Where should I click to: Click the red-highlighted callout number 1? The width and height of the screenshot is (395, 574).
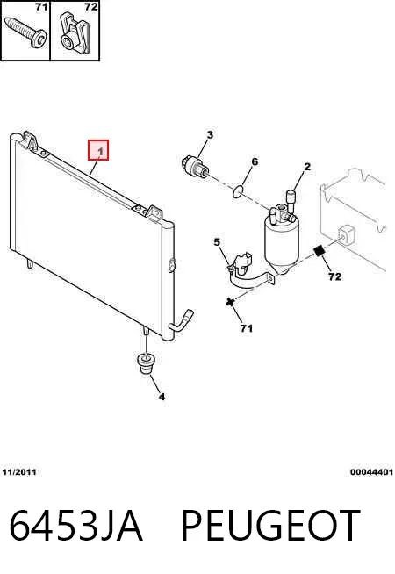coord(98,150)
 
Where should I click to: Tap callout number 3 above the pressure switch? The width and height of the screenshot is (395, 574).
coord(210,134)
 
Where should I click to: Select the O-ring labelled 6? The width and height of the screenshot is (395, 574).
coord(239,191)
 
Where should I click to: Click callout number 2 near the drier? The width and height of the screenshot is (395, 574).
coord(307,167)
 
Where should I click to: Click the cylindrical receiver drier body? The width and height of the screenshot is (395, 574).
coord(281,238)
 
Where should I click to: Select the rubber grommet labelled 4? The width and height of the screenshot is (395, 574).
coord(146,362)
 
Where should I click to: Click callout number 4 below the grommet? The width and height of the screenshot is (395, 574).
coord(162,396)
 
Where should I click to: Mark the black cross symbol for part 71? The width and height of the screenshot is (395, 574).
coord(230,303)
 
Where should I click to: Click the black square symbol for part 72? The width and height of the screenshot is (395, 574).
coord(320,251)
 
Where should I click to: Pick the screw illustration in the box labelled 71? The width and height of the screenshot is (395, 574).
coord(25,32)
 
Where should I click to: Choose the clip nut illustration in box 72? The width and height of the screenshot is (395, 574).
coord(75,33)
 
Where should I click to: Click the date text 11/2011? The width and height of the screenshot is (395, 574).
coord(19,472)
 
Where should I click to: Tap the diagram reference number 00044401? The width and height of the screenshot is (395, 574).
coord(371,472)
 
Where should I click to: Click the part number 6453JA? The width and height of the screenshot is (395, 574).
coord(75,526)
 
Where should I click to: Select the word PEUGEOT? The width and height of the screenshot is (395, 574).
coord(270,526)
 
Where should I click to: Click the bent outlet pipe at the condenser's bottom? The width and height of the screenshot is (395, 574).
coord(181,321)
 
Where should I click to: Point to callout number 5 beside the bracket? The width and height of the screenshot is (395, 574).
coord(217,242)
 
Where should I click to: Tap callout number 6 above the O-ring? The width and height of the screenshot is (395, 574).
coord(255,161)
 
